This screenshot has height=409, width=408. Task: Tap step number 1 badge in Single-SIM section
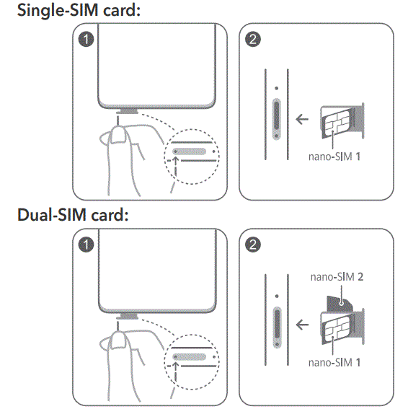click(87, 40)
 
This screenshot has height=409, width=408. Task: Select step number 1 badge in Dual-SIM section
click(87, 246)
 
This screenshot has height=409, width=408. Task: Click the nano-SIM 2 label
click(334, 276)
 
